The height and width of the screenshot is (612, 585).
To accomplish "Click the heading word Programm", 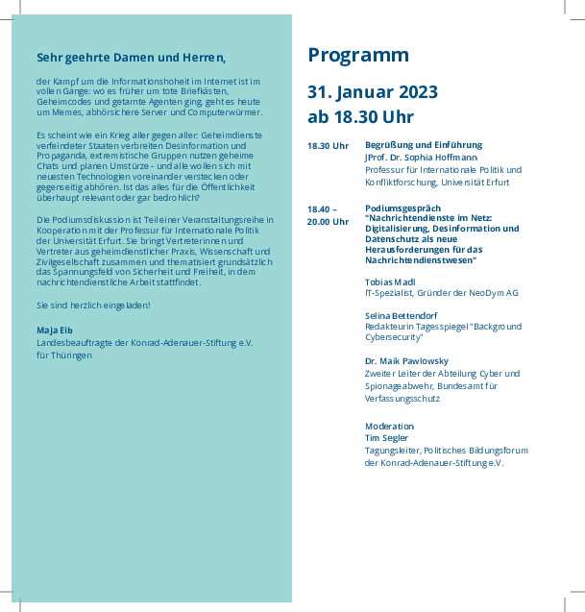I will (358, 56).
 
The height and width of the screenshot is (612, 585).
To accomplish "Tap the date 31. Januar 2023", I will (373, 93).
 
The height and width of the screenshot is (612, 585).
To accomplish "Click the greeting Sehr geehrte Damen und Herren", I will (132, 56).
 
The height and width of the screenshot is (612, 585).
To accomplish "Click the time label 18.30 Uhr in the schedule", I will (328, 145).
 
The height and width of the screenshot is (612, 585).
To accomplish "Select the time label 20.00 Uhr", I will (328, 221).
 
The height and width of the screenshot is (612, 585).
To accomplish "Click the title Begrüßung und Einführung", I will (424, 144).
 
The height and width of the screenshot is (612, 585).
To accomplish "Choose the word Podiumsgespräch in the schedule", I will (402, 208).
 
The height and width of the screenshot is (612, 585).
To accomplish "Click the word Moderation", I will (389, 426).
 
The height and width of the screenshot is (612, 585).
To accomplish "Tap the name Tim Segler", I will (387, 437).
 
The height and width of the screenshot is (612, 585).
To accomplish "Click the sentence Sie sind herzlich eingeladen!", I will (92, 305).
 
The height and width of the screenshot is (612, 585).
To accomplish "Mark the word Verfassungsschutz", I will (402, 398).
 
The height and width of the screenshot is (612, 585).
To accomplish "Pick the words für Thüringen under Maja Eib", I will (64, 355).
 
